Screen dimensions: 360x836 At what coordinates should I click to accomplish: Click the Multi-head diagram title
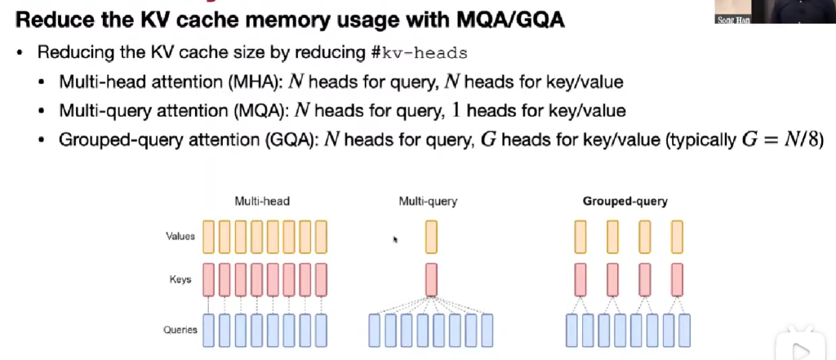coord(262,200)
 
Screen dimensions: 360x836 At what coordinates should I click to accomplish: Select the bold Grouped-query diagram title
coord(625,200)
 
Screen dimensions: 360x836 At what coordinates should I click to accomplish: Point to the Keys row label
coord(181,279)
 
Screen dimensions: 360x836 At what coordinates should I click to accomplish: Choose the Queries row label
coord(180,330)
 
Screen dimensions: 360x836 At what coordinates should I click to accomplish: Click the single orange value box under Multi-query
coord(431,237)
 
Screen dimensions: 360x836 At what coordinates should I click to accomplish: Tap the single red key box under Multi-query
coord(431,279)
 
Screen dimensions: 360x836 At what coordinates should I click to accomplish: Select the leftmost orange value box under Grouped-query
coord(580,237)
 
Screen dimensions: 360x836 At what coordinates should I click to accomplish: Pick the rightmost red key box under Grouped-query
coord(677,279)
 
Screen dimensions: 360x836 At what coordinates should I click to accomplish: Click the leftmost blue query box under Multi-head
coord(209,330)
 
